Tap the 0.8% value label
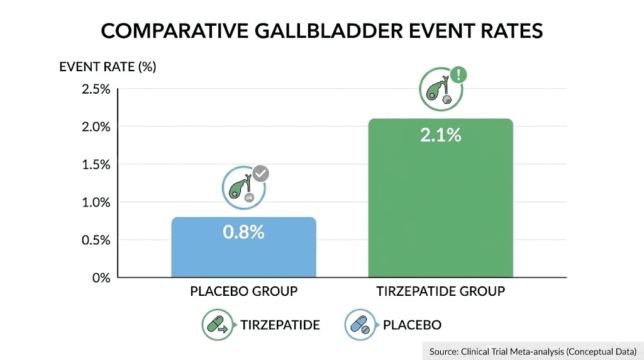point(243,232)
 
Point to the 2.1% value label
point(440,135)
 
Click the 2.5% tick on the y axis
point(96,89)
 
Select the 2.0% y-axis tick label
point(96,127)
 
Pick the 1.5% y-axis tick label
point(96,164)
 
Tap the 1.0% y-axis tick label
point(96,202)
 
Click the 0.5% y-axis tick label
point(96,240)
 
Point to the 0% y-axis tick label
point(101,278)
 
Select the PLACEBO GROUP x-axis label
point(243,291)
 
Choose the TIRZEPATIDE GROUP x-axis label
point(440,291)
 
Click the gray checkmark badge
point(260,173)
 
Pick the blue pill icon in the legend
point(360,325)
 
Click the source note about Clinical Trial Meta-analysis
point(533,351)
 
